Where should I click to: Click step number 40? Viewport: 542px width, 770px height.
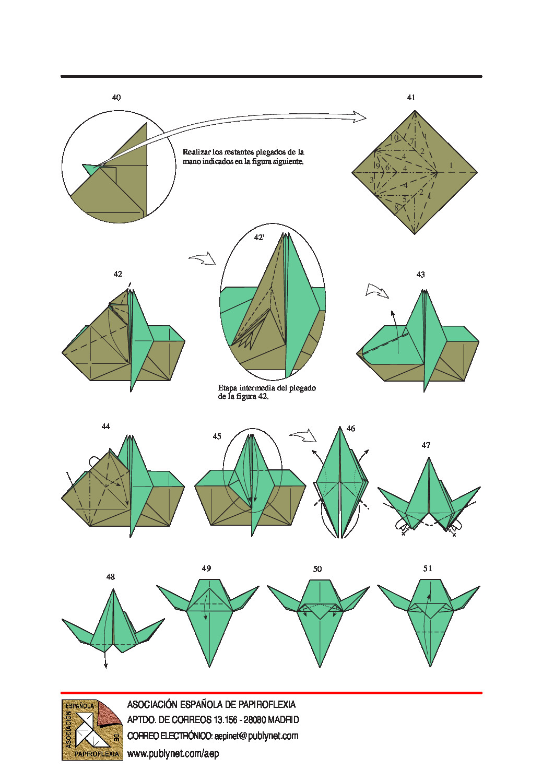click(116, 98)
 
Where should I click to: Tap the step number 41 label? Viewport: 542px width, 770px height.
click(411, 98)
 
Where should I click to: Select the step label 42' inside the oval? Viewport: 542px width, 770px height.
click(259, 237)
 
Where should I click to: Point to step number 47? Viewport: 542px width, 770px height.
click(426, 445)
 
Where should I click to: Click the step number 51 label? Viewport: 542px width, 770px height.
click(428, 568)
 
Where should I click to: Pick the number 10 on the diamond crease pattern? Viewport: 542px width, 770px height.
click(394, 138)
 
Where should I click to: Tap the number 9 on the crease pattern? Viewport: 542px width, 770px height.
click(378, 166)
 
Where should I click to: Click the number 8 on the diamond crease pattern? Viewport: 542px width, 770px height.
click(396, 208)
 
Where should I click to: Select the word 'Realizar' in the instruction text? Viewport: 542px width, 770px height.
click(195, 151)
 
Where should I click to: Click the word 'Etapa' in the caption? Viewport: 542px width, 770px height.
click(227, 388)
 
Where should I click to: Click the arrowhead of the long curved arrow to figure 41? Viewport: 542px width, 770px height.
click(360, 117)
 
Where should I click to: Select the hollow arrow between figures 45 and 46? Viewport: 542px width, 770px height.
click(303, 435)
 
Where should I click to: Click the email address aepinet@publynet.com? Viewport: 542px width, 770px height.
click(256, 736)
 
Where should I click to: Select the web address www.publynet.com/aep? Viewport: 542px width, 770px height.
click(173, 753)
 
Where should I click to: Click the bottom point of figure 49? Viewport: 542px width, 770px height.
click(209, 667)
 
